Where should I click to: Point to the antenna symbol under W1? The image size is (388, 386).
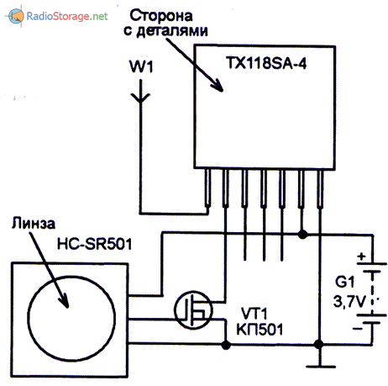tap(140, 94)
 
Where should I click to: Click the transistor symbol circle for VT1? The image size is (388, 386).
tap(191, 310)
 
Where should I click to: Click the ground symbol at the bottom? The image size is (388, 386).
tap(317, 363)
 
